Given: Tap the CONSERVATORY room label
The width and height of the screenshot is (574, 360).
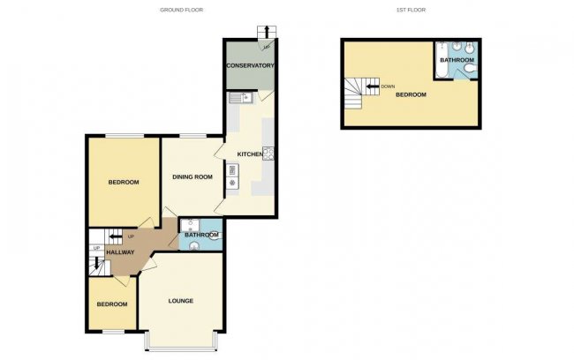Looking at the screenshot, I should (x=250, y=66).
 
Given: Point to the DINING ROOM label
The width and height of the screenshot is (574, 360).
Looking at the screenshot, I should (x=193, y=177).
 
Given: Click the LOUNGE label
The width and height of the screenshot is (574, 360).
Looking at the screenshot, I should (x=181, y=301).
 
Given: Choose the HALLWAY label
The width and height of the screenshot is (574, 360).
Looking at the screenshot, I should (x=120, y=252).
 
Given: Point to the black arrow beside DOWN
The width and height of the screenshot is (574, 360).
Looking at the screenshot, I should (x=372, y=86).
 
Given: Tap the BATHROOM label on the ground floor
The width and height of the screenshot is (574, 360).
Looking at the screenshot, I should (x=201, y=235).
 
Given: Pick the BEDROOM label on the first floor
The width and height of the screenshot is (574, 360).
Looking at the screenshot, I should (x=411, y=94).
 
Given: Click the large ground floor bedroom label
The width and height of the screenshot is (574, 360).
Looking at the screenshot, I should (x=124, y=183).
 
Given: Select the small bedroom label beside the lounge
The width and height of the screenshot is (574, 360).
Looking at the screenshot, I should (x=111, y=304).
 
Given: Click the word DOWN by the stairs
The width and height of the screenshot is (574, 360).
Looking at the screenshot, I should (x=388, y=86).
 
